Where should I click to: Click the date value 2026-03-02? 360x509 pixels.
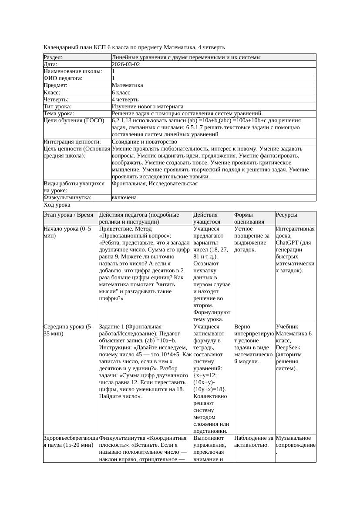pos(126,64)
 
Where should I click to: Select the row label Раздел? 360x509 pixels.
pos(53,57)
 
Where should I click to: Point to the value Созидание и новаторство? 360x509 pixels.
pos(144,142)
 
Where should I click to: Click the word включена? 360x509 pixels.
pos(124,198)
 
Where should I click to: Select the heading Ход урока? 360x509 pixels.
pos(57,205)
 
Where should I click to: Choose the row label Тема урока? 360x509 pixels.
pos(59,114)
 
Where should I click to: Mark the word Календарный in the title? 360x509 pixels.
pos(61,47)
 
